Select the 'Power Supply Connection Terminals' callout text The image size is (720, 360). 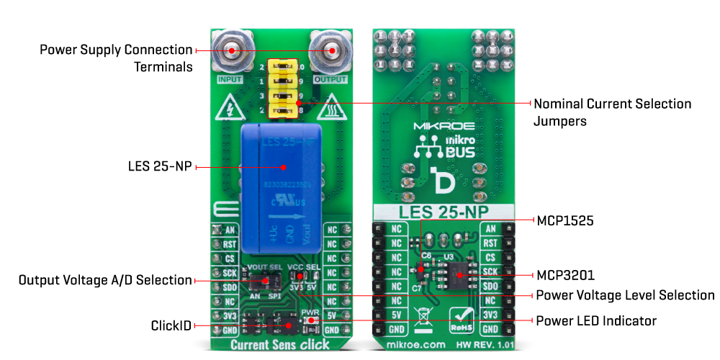point(116,58)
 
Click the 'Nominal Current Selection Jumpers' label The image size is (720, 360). point(612,112)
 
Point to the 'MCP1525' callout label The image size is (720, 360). point(565,220)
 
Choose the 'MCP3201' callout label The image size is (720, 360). point(565,275)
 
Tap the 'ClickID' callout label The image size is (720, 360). point(171,325)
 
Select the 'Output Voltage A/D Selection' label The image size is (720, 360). point(105,280)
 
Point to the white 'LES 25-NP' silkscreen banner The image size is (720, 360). point(442,212)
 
